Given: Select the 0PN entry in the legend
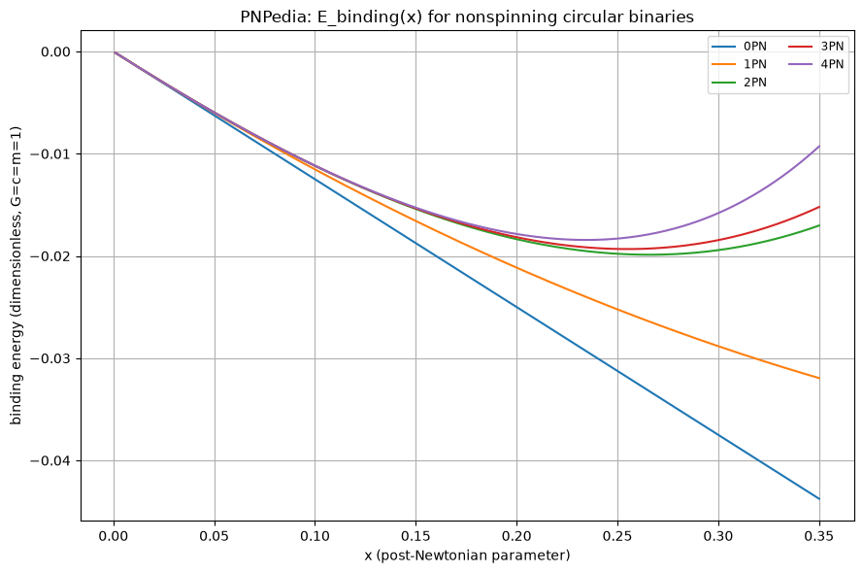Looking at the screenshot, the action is tap(754, 47).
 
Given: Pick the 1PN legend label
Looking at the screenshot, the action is tap(754, 64).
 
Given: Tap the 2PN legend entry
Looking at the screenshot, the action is tap(754, 82).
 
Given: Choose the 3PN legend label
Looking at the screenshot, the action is tap(832, 47).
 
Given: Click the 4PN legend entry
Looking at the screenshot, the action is tap(832, 64).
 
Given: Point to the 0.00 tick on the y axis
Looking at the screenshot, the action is tap(55, 52).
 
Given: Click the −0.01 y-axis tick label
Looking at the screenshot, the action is tap(50, 154).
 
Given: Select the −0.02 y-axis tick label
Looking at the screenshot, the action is tap(50, 256).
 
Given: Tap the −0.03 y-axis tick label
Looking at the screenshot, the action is tap(50, 359).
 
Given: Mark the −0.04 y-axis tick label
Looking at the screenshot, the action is tap(50, 460).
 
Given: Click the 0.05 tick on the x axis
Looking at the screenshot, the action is tap(215, 536).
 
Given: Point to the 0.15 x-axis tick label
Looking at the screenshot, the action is tap(416, 536).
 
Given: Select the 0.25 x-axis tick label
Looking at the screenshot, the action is tap(617, 536).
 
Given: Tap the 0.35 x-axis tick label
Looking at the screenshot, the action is tap(819, 536).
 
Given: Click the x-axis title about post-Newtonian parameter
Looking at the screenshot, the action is tap(467, 556).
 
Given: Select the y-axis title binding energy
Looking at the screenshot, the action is tap(16, 275).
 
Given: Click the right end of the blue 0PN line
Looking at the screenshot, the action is tap(819, 499).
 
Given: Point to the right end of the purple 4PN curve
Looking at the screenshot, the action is tap(819, 146).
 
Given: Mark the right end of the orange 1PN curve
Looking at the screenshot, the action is tap(819, 378).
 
